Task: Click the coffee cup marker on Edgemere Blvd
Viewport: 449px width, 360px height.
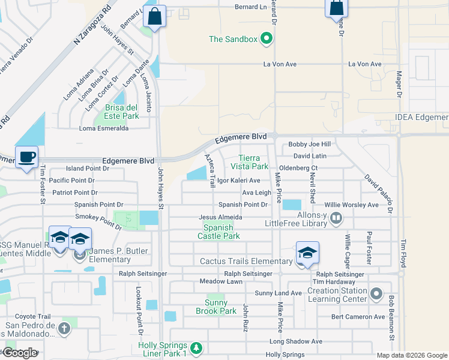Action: click(26, 158)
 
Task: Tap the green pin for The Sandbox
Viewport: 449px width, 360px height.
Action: click(267, 40)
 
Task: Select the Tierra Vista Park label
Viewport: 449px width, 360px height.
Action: click(254, 162)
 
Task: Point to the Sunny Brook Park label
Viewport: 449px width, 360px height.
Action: click(216, 307)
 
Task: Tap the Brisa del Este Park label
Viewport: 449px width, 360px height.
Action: click(122, 112)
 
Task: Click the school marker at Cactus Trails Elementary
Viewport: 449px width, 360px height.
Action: click(307, 253)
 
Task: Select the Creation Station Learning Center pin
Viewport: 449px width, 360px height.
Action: click(376, 293)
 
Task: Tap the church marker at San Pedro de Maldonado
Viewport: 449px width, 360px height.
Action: click(64, 328)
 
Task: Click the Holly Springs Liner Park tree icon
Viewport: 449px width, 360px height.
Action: click(196, 347)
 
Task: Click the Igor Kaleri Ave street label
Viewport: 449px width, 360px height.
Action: click(238, 181)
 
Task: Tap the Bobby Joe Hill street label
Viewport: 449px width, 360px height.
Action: click(310, 145)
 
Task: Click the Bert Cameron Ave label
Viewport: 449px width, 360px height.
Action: click(358, 317)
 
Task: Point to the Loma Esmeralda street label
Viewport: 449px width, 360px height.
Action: click(104, 128)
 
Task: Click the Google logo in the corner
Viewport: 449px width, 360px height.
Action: click(20, 353)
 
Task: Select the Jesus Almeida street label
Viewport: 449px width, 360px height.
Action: click(221, 217)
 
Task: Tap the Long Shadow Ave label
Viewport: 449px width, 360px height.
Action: click(296, 341)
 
